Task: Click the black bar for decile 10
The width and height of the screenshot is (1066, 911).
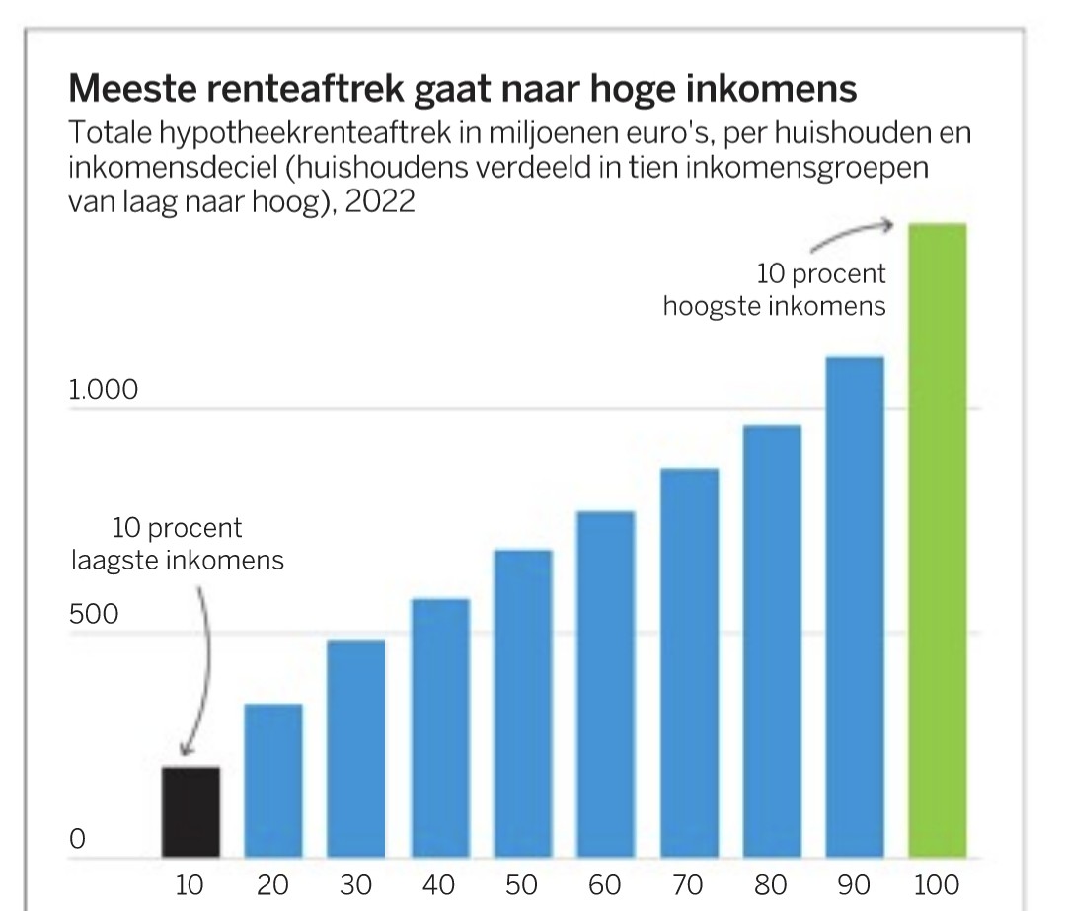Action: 190,812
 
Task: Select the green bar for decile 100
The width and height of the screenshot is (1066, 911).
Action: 937,541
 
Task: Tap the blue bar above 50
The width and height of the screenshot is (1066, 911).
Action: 523,704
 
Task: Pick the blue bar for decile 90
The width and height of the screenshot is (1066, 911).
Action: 855,607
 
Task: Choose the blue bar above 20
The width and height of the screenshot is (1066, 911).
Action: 273,781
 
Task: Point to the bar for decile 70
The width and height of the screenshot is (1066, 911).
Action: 689,663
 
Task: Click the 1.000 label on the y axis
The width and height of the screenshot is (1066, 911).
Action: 104,391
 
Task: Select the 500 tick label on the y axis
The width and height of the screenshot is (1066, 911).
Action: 94,615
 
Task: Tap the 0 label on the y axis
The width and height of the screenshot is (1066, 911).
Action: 77,840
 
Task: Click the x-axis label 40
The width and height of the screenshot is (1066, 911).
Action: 439,885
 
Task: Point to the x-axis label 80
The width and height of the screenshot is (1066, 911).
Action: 771,885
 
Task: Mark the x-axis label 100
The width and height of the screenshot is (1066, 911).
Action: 937,885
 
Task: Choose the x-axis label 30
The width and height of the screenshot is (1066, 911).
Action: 356,885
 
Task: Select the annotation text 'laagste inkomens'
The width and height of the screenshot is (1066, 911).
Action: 178,561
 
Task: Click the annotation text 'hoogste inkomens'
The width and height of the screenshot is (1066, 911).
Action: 774,305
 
